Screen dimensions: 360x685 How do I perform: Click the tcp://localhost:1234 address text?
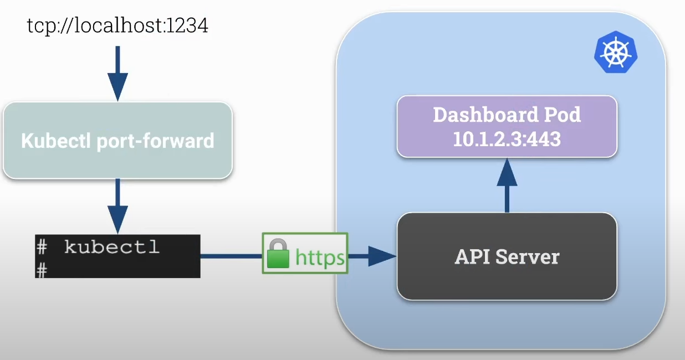[x=117, y=26]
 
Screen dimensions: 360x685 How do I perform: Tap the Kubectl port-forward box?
[x=117, y=141]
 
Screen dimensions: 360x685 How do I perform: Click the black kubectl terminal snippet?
[x=117, y=256]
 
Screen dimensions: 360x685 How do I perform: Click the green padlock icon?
[x=278, y=254]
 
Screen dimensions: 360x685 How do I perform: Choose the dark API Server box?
[x=507, y=256]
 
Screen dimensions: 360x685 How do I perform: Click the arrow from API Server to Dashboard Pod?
[x=507, y=186]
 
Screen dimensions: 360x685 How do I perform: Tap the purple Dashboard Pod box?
[x=507, y=126]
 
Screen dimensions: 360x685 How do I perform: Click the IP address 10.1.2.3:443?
[x=507, y=138]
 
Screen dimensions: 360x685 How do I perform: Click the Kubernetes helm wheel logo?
[x=616, y=54]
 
